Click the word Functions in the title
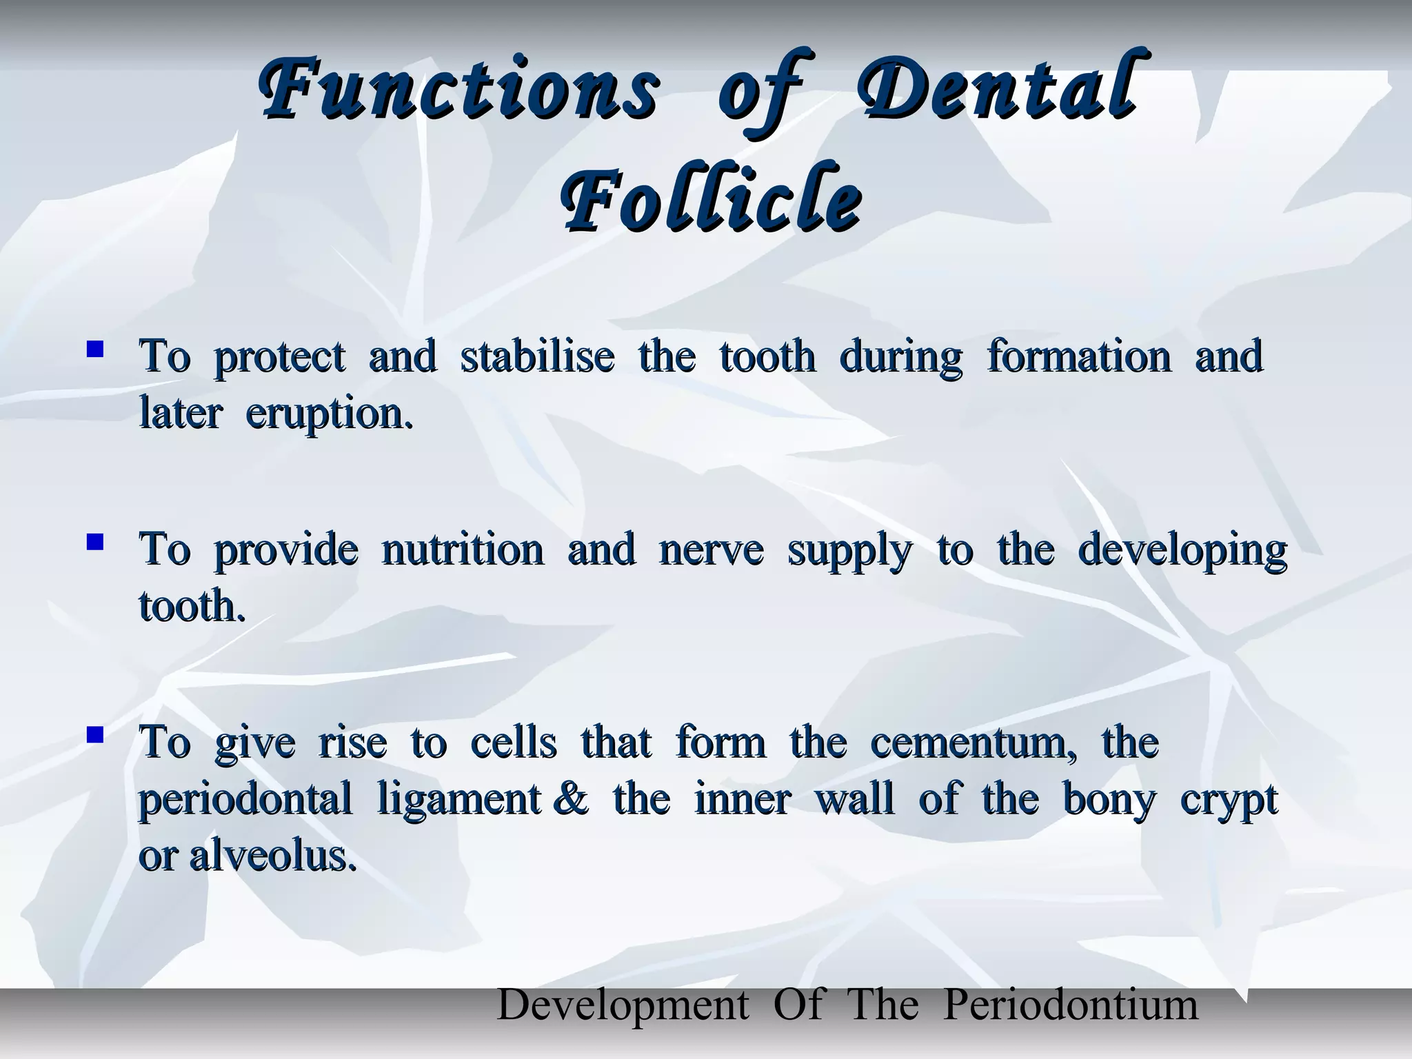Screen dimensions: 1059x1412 point(458,93)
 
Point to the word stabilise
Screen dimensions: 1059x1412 point(537,356)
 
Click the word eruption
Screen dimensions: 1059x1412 point(330,414)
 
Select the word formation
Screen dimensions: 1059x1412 point(1079,356)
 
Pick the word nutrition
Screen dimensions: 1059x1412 point(463,550)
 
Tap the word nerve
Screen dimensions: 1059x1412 point(711,550)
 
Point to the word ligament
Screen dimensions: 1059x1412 point(458,800)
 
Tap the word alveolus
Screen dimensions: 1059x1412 point(273,856)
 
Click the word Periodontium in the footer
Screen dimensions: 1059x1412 point(1070,1005)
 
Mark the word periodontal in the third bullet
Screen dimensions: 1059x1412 point(245,800)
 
